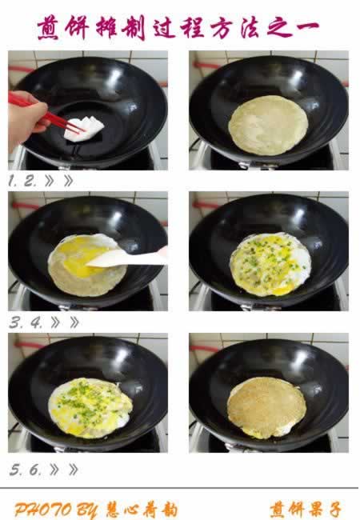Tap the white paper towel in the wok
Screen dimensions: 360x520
[x=85, y=130]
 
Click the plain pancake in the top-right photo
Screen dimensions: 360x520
[x=268, y=126]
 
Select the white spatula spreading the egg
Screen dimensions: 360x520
[x=128, y=258]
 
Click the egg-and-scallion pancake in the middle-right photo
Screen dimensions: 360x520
[x=270, y=264]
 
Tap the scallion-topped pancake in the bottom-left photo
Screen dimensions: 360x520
[x=90, y=408]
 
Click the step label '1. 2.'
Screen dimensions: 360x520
[x=22, y=181]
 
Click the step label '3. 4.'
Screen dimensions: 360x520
[x=26, y=322]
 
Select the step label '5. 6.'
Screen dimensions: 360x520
[x=26, y=470]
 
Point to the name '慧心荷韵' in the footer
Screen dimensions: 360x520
[x=142, y=510]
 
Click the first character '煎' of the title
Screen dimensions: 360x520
[x=48, y=28]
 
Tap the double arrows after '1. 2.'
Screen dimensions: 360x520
[x=59, y=181]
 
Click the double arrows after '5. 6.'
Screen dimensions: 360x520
[x=64, y=470]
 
